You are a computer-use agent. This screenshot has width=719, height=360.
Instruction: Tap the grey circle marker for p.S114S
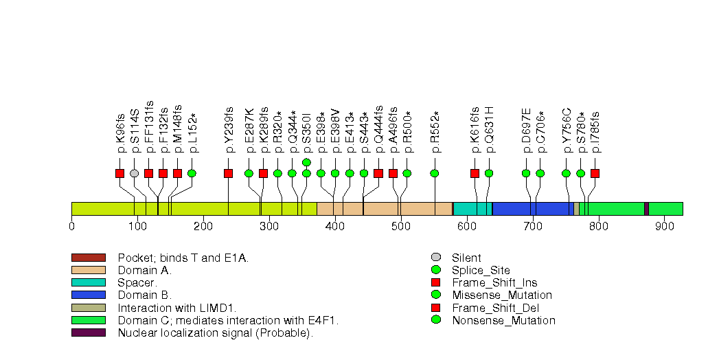click(135, 173)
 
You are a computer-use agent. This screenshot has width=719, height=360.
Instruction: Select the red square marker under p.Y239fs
click(228, 173)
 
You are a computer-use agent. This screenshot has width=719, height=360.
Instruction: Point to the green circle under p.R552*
click(434, 173)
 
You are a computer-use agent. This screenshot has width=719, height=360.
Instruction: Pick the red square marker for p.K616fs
click(475, 173)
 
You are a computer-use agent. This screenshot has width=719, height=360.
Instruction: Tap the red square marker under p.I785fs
click(595, 173)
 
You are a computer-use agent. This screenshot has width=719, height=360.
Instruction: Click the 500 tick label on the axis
click(401, 226)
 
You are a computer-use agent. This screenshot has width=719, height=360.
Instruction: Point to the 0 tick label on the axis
click(71, 226)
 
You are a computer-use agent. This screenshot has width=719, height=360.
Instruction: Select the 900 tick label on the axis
click(664, 226)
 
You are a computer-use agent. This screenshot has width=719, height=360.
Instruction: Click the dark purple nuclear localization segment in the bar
click(646, 209)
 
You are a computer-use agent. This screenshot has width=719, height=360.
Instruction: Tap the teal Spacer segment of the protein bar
click(472, 209)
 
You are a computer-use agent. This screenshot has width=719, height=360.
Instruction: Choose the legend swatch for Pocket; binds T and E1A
click(88, 258)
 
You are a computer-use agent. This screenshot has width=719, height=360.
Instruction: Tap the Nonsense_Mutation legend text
click(503, 320)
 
